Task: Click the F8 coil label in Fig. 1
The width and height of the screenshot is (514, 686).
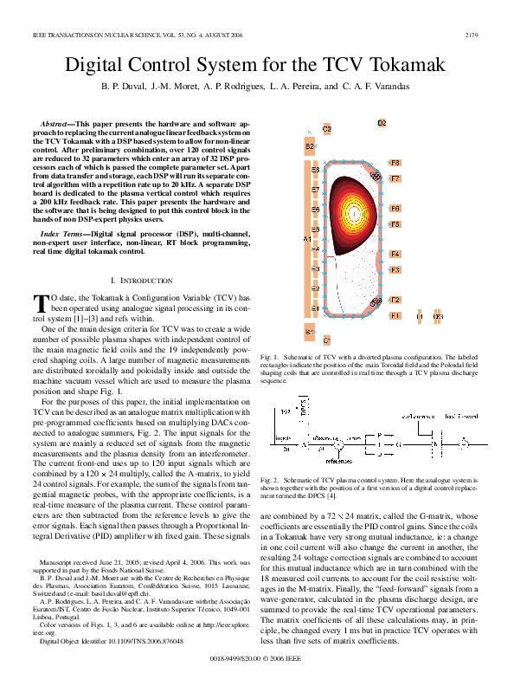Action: click(x=395, y=163)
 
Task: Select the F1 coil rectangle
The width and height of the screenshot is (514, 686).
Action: click(x=395, y=316)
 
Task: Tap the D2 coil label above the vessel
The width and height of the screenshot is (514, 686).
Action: click(x=382, y=124)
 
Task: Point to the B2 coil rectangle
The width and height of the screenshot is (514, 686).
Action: click(x=309, y=147)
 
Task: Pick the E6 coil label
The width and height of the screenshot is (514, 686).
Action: click(x=316, y=210)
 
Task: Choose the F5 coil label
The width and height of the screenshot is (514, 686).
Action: click(x=395, y=224)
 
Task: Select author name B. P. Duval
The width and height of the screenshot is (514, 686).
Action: click(x=124, y=87)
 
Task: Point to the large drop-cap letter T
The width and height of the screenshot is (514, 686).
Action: click(x=40, y=303)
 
